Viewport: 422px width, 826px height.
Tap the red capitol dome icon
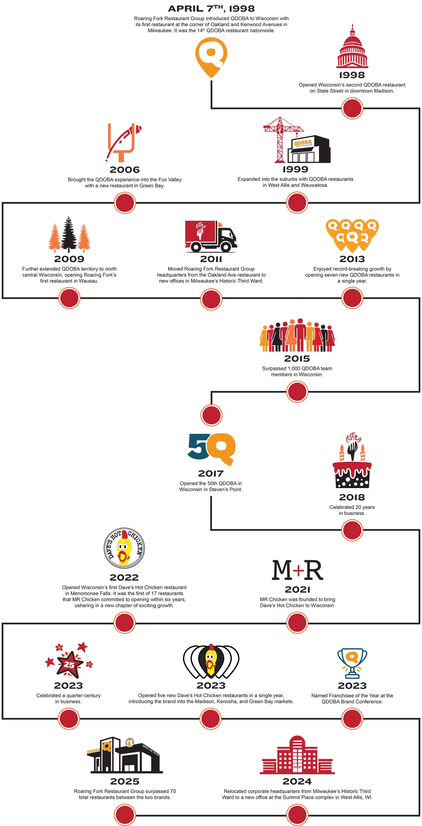(352, 48)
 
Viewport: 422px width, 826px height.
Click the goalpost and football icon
(124, 142)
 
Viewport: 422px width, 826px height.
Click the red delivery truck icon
(211, 236)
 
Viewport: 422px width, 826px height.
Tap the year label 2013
(352, 259)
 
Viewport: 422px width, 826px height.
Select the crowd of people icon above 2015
(297, 335)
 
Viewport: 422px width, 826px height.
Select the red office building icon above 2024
(297, 757)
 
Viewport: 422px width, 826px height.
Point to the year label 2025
(125, 781)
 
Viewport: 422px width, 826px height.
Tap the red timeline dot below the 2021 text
(297, 623)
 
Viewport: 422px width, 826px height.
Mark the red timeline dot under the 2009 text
(69, 298)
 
